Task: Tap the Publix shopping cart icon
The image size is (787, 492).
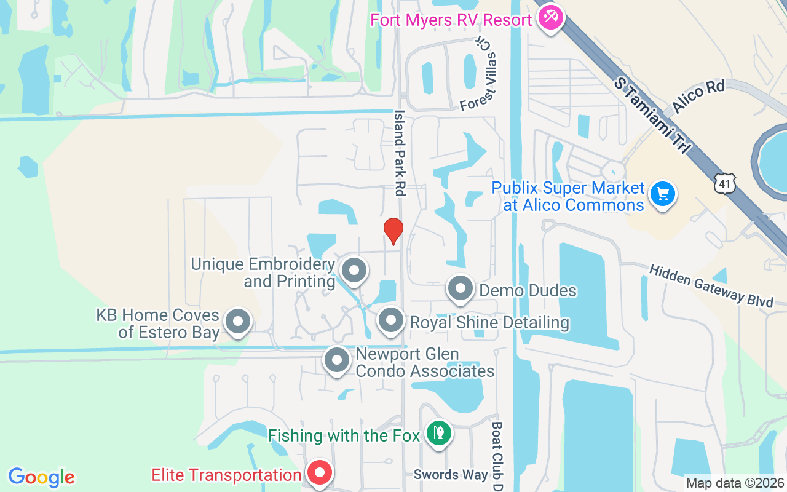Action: click(x=662, y=194)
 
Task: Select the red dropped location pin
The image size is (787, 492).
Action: click(x=393, y=231)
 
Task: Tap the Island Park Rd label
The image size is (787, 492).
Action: click(x=400, y=153)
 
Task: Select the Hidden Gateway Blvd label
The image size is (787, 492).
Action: click(x=711, y=285)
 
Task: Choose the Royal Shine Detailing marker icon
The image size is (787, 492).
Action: click(x=390, y=320)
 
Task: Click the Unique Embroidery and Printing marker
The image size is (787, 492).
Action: click(x=354, y=271)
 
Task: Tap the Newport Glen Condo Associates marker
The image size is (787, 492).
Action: click(x=336, y=360)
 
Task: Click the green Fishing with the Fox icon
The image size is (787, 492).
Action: click(x=438, y=433)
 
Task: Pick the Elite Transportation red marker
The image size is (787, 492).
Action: click(x=320, y=474)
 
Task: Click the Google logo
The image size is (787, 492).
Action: click(x=41, y=477)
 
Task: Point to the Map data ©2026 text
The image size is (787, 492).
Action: click(x=735, y=483)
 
